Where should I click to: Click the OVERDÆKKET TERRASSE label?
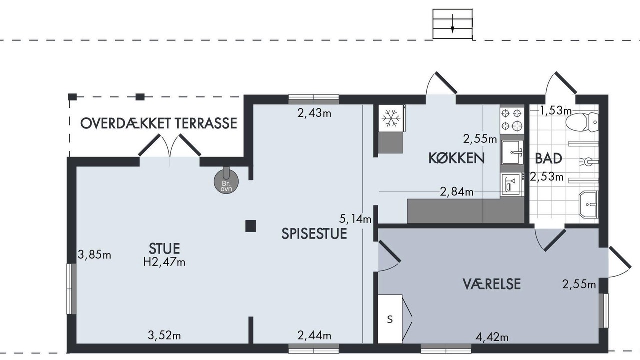click(159, 123)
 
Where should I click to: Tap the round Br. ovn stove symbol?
click(226, 181)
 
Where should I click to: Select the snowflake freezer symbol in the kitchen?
click(391, 118)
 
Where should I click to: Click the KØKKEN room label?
click(456, 158)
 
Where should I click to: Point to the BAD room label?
click(548, 159)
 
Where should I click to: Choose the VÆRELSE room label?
click(491, 284)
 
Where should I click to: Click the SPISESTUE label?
click(314, 233)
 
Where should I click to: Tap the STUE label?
click(164, 249)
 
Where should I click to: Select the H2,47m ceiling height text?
click(164, 262)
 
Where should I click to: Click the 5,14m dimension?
click(355, 219)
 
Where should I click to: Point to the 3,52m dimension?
click(164, 335)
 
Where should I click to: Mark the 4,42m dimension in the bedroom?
click(492, 337)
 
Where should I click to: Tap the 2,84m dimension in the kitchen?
click(457, 192)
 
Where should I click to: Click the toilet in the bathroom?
click(582, 122)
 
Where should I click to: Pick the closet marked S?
click(390, 319)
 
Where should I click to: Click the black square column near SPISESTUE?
click(251, 226)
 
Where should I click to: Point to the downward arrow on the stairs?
click(452, 23)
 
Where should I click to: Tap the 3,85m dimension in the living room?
click(94, 255)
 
